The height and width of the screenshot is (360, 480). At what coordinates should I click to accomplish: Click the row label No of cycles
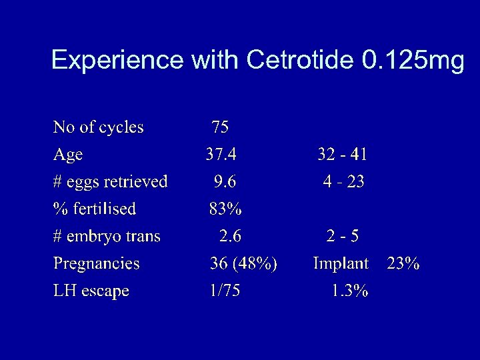click(x=98, y=127)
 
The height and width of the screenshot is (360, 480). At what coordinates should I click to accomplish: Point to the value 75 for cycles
click(x=220, y=127)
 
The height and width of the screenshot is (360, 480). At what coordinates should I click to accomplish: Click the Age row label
click(x=68, y=155)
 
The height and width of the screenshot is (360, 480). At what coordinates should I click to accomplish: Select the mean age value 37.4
click(x=221, y=155)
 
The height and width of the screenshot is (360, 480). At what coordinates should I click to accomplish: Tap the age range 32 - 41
click(x=342, y=155)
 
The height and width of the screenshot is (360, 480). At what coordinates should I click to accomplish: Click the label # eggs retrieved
click(x=110, y=181)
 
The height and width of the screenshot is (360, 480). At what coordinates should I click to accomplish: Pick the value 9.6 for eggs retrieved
click(x=225, y=181)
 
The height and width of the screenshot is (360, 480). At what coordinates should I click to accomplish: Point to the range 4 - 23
click(x=343, y=181)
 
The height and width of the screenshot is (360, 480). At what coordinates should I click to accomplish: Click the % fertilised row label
click(x=95, y=209)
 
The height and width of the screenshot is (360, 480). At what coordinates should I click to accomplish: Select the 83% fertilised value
click(x=225, y=209)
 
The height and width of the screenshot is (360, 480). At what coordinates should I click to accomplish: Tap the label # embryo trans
click(x=107, y=236)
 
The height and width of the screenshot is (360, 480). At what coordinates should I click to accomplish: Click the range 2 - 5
click(x=343, y=236)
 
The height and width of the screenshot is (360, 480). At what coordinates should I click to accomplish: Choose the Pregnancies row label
click(x=96, y=263)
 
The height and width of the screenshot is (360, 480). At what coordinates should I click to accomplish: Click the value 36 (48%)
click(x=243, y=263)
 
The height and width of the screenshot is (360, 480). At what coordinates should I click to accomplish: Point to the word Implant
click(x=341, y=263)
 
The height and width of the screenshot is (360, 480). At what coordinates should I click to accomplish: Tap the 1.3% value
click(x=350, y=291)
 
